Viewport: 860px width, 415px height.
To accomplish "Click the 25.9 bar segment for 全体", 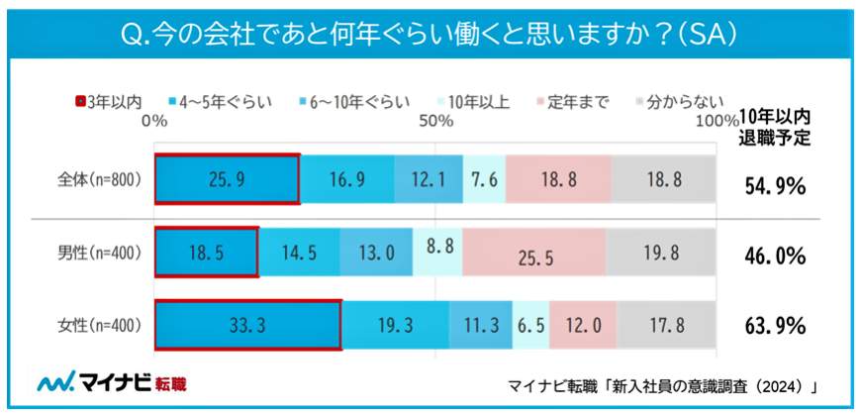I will tap(227, 179).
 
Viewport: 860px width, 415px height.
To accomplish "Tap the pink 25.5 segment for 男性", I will tap(534, 254).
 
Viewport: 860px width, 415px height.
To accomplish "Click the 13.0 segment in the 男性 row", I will tap(376, 254).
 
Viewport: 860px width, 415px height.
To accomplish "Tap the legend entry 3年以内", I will tap(109, 101).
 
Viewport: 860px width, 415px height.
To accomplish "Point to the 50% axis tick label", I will tap(435, 120).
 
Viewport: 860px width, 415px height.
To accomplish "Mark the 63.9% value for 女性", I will tap(774, 326).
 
